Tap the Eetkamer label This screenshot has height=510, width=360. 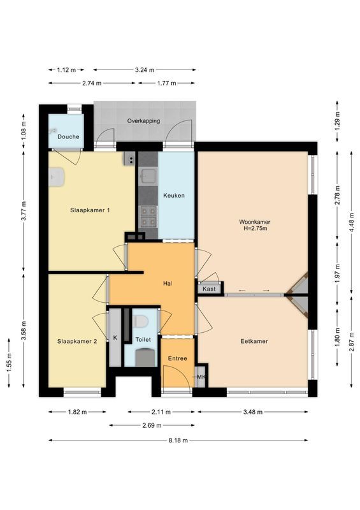[254, 341]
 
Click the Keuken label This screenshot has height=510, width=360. [173, 195]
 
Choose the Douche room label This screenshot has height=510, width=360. [68, 136]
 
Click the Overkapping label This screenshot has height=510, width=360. [143, 120]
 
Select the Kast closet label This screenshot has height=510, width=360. [209, 289]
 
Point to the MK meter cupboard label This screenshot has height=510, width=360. [201, 377]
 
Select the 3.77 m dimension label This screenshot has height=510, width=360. [24, 210]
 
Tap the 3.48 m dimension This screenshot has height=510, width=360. [253, 412]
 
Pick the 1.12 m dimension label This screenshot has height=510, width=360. [66, 69]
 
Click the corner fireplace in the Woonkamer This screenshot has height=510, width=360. [299, 292]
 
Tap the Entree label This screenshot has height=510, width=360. [177, 358]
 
